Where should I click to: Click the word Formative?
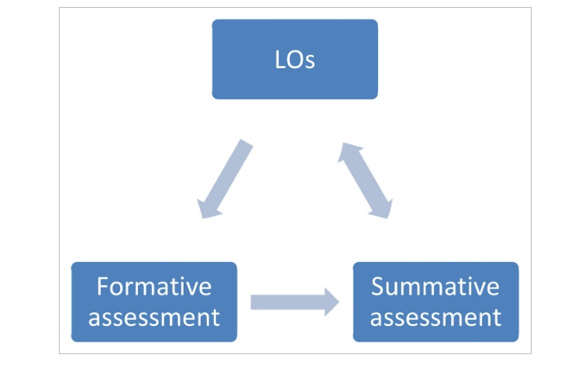(153, 286)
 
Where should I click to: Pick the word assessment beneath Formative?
(153, 316)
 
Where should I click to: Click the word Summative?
(435, 286)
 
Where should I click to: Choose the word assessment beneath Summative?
(435, 316)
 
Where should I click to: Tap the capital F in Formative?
(102, 286)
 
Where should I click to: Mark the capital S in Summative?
(378, 286)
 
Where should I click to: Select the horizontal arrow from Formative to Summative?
(287, 301)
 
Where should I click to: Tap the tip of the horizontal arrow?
(339, 301)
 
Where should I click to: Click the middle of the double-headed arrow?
(364, 180)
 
